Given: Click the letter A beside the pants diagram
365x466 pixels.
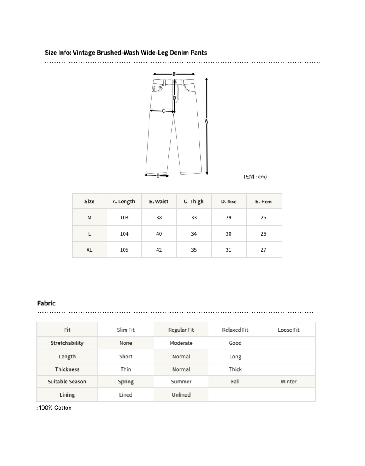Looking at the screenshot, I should coord(206,122).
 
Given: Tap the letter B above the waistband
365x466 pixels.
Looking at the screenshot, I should coord(174,74).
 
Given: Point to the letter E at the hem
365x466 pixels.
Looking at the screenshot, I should coord(157,175).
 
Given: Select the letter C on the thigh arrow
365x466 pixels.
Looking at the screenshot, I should coord(163,111).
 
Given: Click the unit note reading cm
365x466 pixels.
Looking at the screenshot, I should coord(255,177).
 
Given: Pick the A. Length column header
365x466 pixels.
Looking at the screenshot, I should coord(124,202).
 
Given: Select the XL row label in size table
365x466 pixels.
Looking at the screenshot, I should coord(89,250).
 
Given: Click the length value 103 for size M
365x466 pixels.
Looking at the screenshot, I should coord(124,218).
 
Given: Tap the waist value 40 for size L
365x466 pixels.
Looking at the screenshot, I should coord(159,234).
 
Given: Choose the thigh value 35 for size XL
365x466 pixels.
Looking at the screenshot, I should coord(194,250).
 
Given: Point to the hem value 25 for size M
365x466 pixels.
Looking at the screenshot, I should coord(263,218).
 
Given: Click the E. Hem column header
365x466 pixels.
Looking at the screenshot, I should coord(263,202).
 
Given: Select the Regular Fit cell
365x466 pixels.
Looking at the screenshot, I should coord(181,330).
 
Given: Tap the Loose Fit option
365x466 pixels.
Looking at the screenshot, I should coord(288,330).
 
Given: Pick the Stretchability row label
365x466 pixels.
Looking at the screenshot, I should coord(67,343).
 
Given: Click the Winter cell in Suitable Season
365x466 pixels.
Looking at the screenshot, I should coord(288,382).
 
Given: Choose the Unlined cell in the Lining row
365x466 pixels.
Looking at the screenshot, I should coord(181,395).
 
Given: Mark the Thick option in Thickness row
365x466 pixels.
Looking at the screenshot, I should coord(235,369).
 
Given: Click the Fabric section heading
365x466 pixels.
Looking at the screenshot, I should coord(46,303).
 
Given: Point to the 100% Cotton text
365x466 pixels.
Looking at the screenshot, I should coord(55,408).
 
